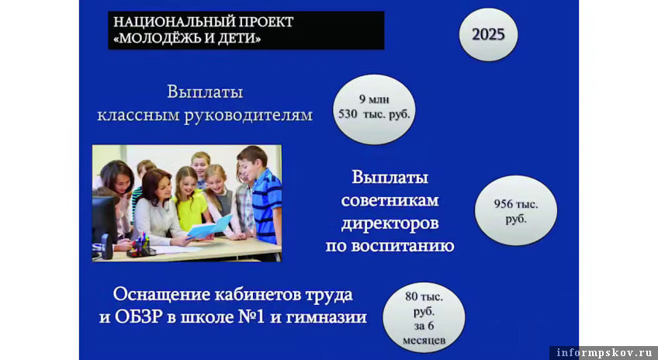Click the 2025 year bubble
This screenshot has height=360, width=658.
coord(488,34)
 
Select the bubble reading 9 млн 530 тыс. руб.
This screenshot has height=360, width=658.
coord(374,109)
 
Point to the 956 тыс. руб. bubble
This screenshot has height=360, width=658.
coord(516,210)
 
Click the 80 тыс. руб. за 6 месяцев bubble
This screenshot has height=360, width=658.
coord(424,317)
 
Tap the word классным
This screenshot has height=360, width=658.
coord(138,115)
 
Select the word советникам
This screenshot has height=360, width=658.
coord(390,200)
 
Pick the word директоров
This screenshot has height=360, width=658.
coord(390,223)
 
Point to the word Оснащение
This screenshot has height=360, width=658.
coord(161,295)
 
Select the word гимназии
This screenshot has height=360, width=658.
coord(327,317)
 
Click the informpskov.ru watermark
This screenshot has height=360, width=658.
coord(604,352)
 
